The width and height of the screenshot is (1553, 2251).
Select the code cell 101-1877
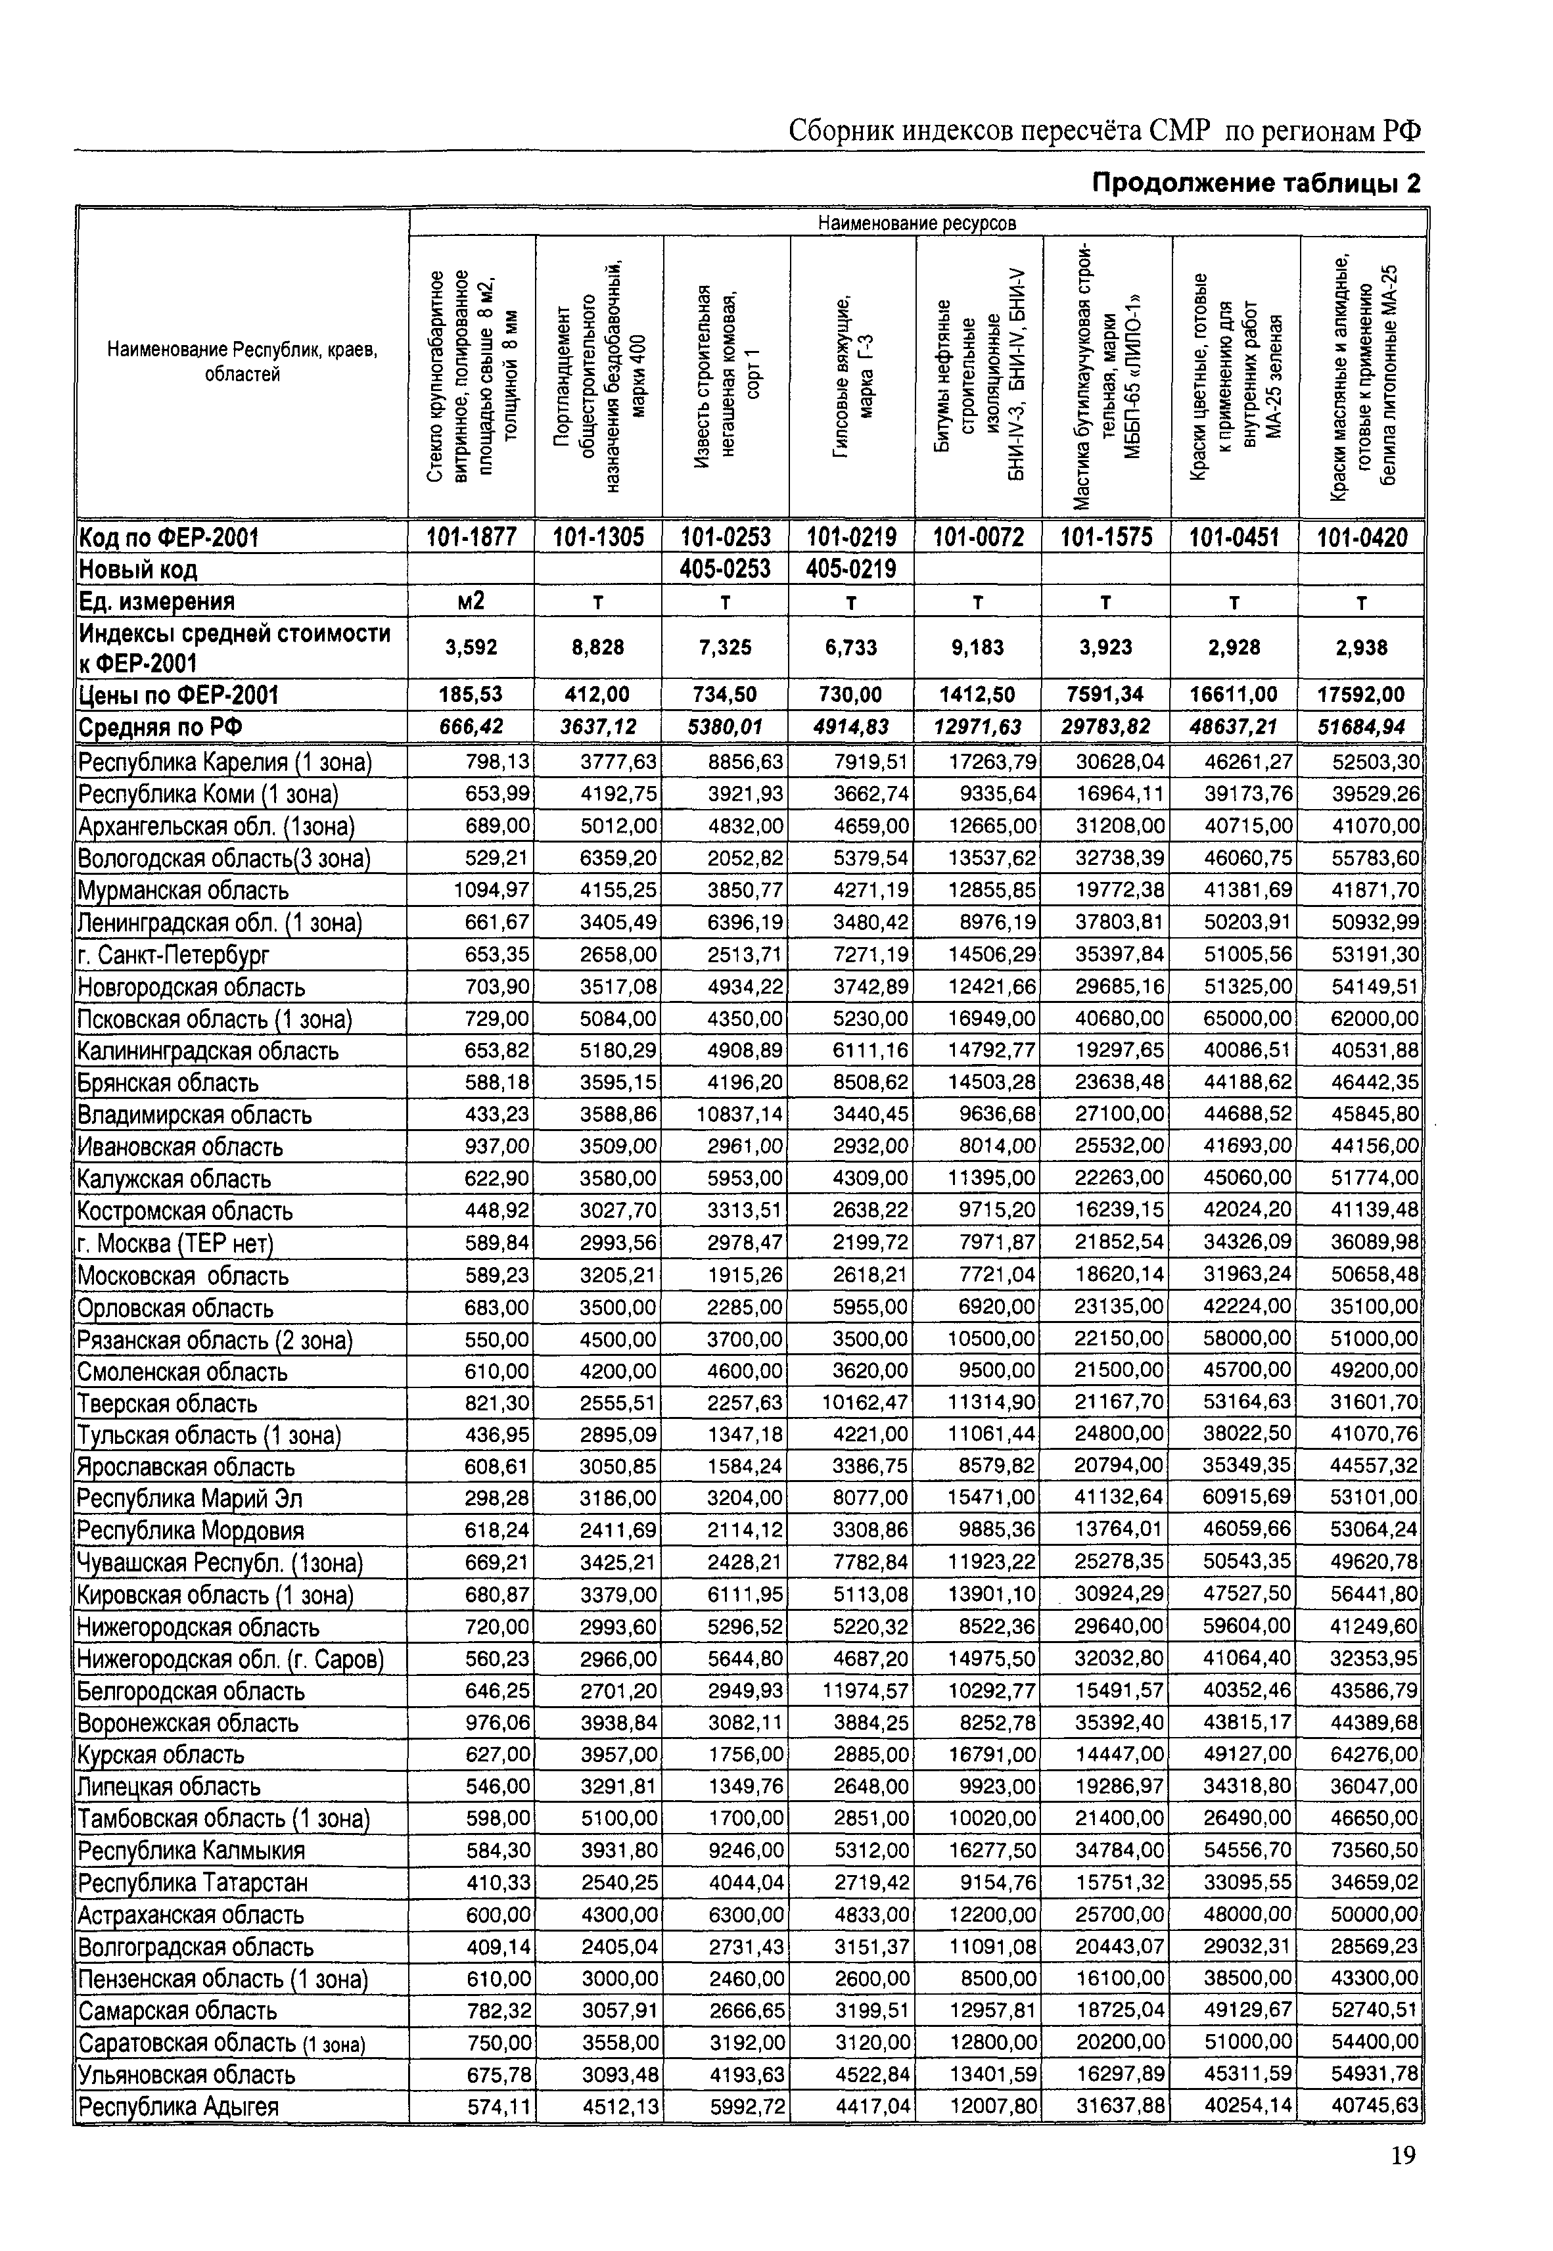point(471,537)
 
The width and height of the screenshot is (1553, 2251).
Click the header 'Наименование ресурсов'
point(917,223)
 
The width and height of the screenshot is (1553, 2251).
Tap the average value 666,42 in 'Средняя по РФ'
point(471,727)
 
